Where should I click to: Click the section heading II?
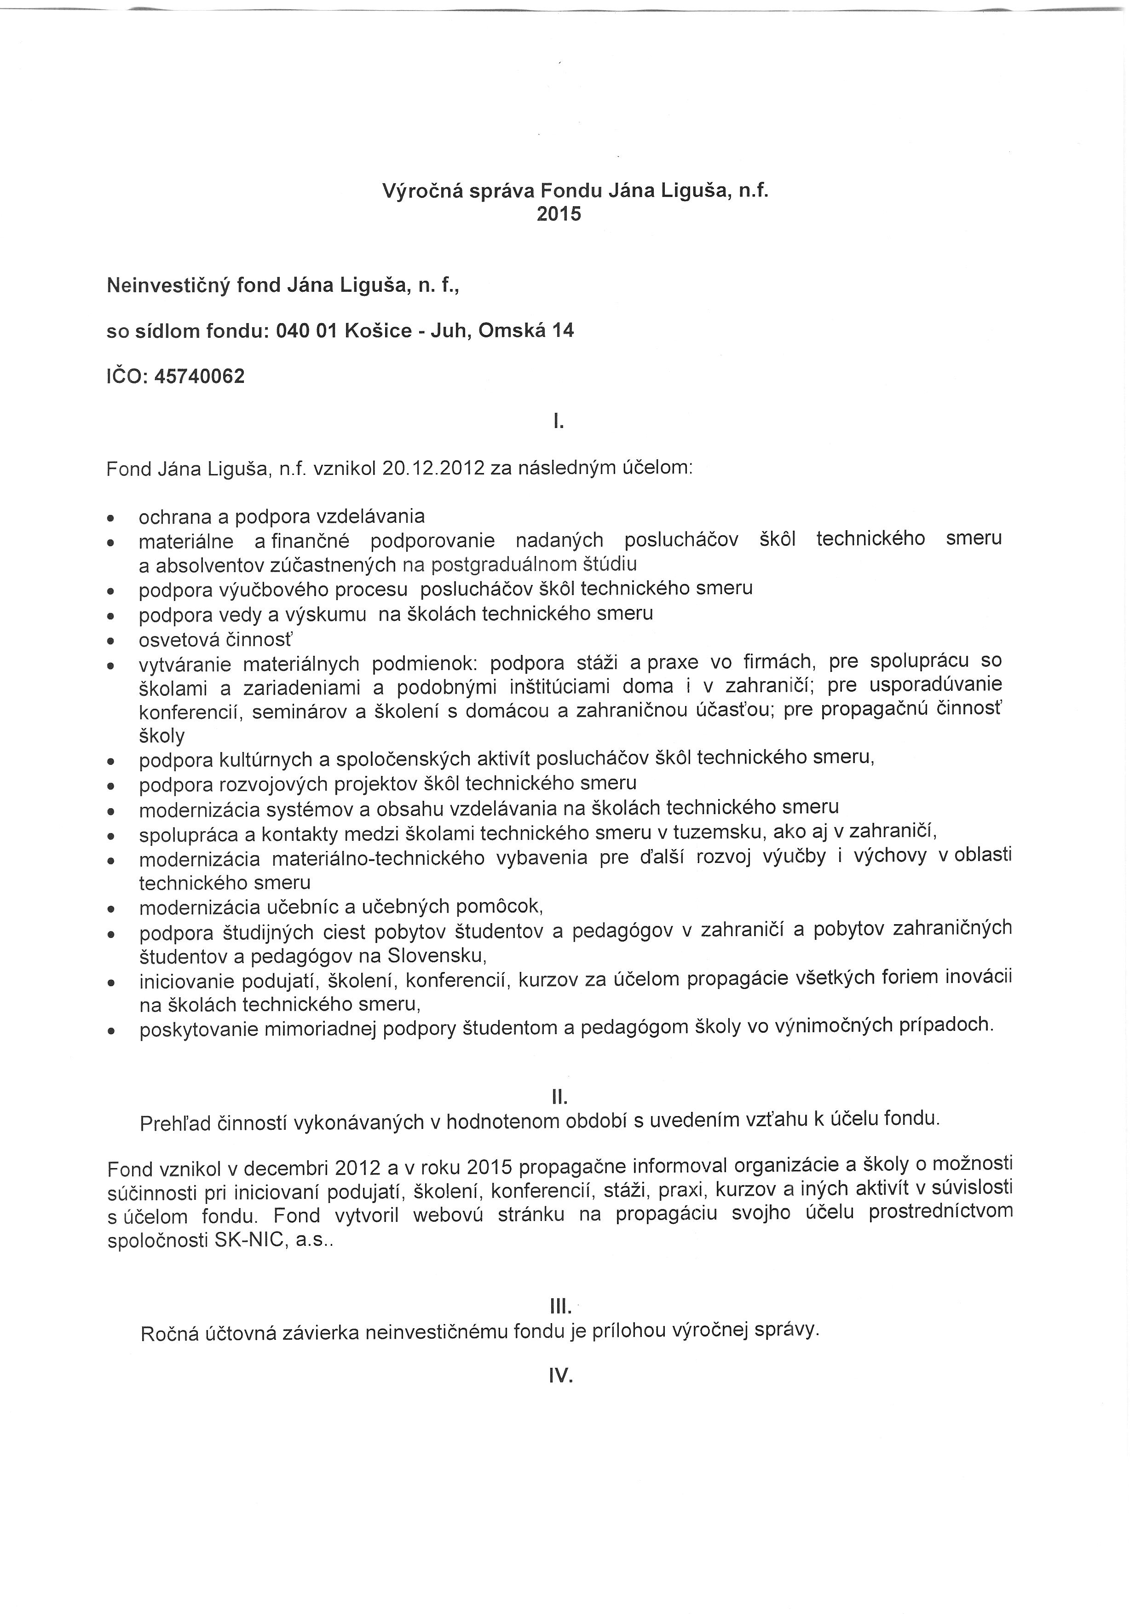[559, 1097]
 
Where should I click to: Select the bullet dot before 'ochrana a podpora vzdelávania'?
[110, 518]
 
